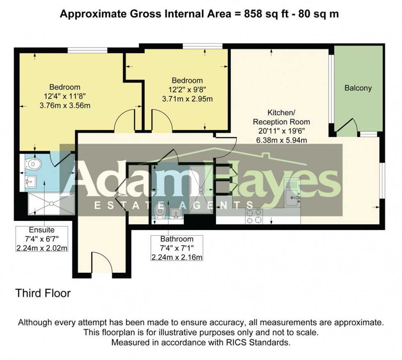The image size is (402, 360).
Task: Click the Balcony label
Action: coord(358,88)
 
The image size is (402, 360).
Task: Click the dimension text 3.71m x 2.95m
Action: coord(187,99)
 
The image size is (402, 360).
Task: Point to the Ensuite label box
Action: coord(41,239)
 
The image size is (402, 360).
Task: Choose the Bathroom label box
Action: coord(176,248)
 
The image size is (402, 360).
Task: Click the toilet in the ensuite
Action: coord(35,164)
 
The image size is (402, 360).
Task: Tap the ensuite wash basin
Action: coord(30,181)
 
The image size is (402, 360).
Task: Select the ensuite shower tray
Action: coord(51,204)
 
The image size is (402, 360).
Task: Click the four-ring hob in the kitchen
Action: coord(254,216)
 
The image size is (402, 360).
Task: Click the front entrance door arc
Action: coord(101,262)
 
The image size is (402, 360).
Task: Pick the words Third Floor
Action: coord(43,294)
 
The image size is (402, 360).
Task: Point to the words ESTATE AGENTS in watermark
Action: coord(173,205)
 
